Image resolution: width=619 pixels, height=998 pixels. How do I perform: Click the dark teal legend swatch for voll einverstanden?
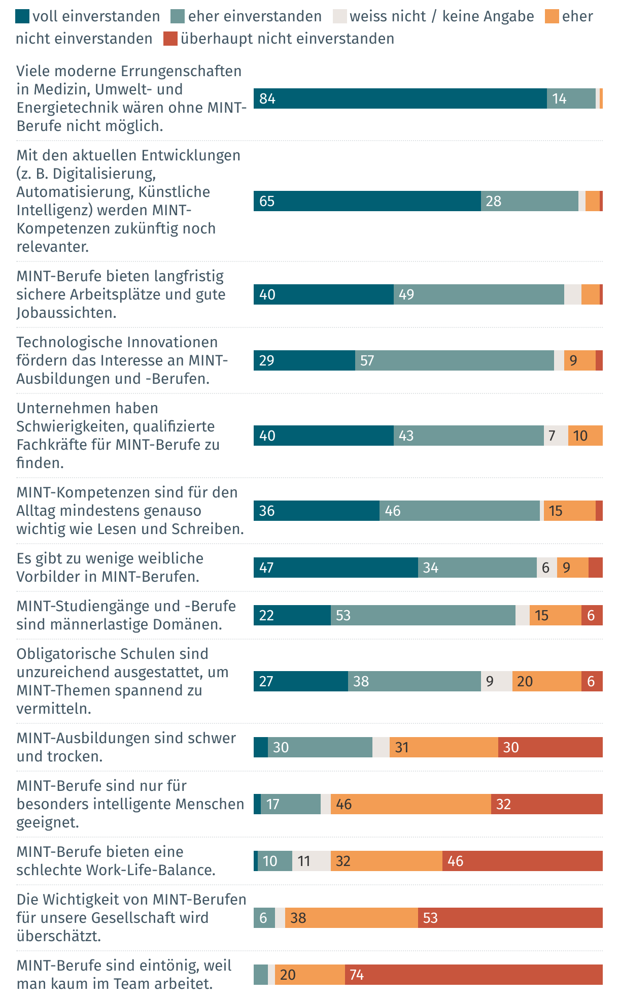coord(22,17)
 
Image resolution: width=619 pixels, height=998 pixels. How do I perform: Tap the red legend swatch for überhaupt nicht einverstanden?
coord(170,39)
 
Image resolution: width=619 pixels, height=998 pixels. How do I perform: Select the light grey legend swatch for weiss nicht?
coord(339,17)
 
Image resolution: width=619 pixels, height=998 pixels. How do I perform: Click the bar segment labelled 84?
coord(400,98)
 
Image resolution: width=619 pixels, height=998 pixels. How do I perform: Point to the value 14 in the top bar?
coord(559,98)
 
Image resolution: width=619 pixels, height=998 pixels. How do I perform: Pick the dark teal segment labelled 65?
coord(367,201)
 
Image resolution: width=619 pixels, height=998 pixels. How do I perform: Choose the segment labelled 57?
coord(454,360)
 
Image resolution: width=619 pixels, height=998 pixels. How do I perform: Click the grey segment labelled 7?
coord(556,436)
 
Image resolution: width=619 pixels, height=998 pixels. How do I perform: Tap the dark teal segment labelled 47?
coord(335,568)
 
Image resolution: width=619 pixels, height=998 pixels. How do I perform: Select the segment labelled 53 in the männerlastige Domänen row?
coord(423,615)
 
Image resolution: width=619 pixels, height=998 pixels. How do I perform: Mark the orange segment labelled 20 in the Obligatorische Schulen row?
coord(546,681)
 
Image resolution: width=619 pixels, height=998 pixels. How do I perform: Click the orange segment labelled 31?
coord(443,747)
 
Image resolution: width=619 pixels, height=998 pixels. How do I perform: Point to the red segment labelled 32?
coord(546,804)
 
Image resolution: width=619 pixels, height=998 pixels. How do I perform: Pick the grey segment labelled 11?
coord(311,861)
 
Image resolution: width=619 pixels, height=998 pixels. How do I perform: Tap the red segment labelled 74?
coord(473,975)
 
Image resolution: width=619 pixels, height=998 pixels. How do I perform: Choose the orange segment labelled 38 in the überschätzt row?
coord(351,918)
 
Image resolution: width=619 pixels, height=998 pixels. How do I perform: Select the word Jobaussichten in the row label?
coord(66,313)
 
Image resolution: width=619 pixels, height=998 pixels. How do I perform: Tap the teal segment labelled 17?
coord(290,804)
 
